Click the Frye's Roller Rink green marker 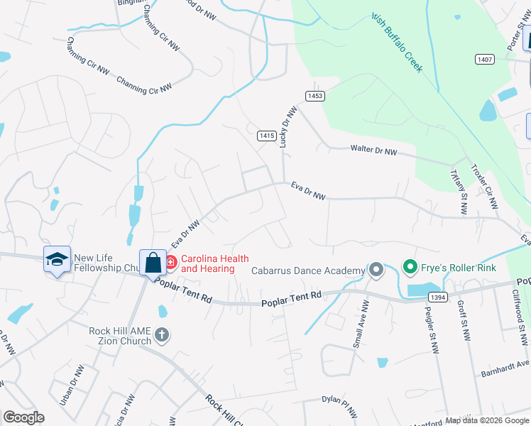410,268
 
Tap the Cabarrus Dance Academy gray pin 376,270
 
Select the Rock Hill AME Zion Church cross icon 162,335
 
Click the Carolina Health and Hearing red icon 170,263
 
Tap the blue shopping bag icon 153,263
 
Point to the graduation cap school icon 57,260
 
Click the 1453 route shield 315,96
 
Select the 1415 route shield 266,135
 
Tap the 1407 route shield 485,59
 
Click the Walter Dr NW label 374,150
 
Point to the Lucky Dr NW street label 288,126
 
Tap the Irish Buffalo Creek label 396,43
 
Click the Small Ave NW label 360,323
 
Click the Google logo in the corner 23,417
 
